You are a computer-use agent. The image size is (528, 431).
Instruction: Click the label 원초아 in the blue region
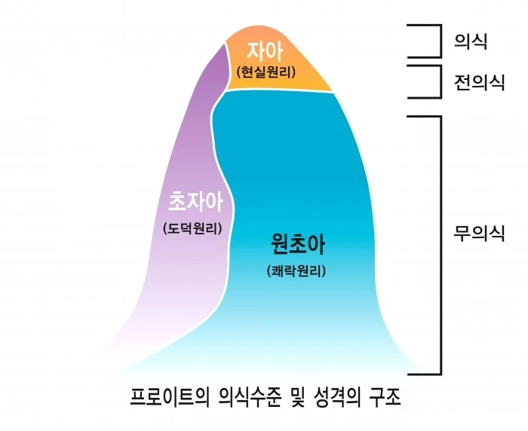click(299, 244)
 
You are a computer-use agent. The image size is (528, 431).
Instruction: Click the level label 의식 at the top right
click(470, 41)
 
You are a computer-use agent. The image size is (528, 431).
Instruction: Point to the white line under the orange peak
click(279, 90)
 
